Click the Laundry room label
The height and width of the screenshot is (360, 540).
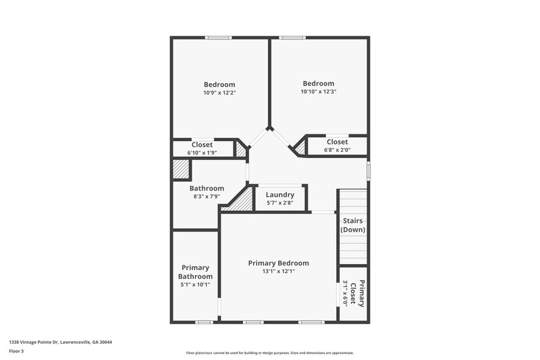click(x=279, y=195)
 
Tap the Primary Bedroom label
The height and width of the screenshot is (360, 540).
click(x=278, y=263)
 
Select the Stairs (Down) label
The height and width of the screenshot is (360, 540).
click(x=353, y=225)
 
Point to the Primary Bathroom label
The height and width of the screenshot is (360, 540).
click(x=195, y=272)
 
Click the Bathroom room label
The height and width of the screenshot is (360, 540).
click(x=207, y=188)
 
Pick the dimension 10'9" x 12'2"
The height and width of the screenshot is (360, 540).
click(x=219, y=93)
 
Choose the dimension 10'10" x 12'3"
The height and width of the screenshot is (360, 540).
click(x=319, y=91)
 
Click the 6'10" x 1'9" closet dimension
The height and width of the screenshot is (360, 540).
click(x=202, y=153)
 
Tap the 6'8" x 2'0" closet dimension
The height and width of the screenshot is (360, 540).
click(x=337, y=150)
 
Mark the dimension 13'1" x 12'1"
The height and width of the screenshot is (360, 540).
click(x=278, y=271)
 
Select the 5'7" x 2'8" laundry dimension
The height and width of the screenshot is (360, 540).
click(x=279, y=203)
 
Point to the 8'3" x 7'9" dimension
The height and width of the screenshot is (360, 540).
click(x=207, y=197)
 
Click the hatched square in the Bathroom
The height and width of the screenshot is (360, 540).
click(x=180, y=169)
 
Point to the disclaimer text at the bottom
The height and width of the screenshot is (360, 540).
click(x=270, y=353)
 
